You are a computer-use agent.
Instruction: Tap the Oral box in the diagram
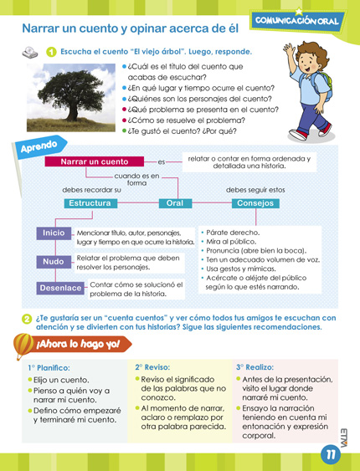(x=175, y=203)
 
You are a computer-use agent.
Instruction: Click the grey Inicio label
(x=54, y=233)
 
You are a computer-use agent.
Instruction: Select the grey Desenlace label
(x=59, y=289)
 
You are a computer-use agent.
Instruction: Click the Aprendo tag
(x=37, y=148)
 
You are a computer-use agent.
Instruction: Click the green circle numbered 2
(x=26, y=319)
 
